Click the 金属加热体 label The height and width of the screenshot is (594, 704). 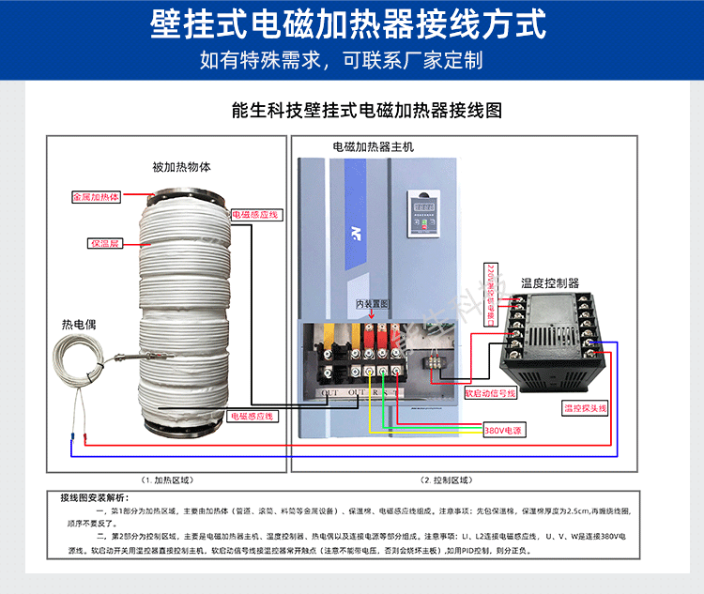click(x=97, y=198)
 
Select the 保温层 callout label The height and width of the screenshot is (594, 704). click(x=103, y=243)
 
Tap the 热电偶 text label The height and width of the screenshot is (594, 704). click(x=80, y=324)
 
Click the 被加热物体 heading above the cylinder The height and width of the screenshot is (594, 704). click(x=181, y=167)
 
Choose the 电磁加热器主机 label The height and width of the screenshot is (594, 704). click(x=373, y=147)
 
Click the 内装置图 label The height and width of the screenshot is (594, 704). click(x=371, y=304)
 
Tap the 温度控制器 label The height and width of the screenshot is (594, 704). click(x=550, y=282)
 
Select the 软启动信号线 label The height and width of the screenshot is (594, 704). click(x=491, y=393)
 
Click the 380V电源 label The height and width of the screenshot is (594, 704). click(x=503, y=430)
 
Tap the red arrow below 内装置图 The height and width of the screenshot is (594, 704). click(x=371, y=317)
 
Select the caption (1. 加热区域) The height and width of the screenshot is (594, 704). click(x=167, y=480)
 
